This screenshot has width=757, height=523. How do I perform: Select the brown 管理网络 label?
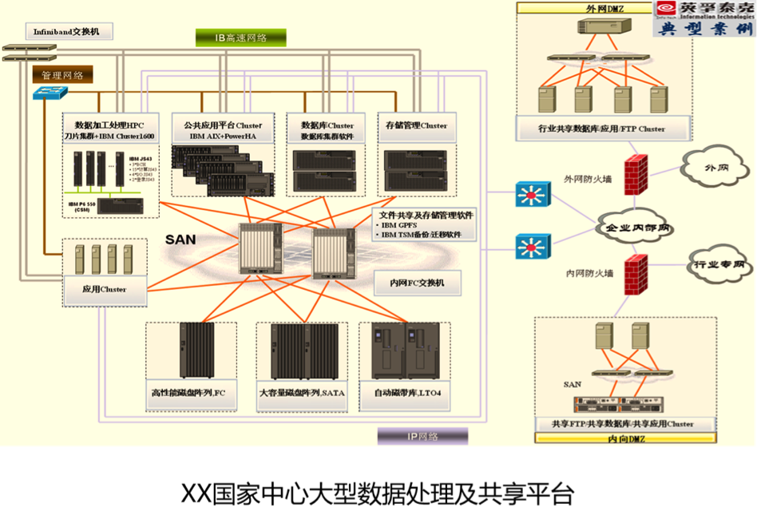click(x=62, y=75)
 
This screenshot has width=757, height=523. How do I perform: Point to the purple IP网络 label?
click(x=422, y=436)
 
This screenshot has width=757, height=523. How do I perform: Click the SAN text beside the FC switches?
click(x=181, y=239)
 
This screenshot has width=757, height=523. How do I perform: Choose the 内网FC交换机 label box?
click(x=411, y=282)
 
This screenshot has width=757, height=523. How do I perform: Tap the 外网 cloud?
click(x=710, y=169)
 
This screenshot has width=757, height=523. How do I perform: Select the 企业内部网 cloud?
click(x=636, y=228)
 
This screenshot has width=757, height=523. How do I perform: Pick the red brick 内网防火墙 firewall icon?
click(x=636, y=274)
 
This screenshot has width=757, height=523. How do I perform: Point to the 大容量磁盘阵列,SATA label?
click(x=302, y=393)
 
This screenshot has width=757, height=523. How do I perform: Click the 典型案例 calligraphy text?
click(x=703, y=29)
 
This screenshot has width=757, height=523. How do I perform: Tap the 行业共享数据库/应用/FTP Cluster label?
click(x=601, y=128)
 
